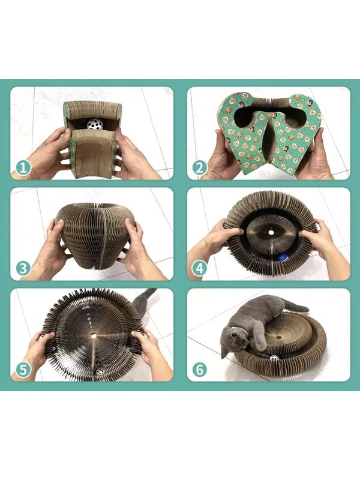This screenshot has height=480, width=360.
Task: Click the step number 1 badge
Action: point(23,167)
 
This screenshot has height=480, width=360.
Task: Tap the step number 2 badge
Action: point(200,168)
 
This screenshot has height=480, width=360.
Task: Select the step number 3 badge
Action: point(23,268)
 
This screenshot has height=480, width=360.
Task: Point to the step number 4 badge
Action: point(200,268)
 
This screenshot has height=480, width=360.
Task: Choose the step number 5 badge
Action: point(23,370)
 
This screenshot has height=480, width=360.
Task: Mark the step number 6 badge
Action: point(200,370)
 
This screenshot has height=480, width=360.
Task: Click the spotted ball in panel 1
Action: point(95,124)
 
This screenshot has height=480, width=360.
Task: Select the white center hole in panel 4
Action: point(271,233)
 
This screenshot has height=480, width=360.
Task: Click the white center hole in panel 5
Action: point(94,336)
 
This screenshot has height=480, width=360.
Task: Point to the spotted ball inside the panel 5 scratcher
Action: point(100,371)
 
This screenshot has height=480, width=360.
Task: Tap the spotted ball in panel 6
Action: point(274,358)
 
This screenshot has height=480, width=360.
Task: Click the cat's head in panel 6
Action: point(233,340)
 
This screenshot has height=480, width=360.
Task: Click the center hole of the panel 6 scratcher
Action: point(278,337)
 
